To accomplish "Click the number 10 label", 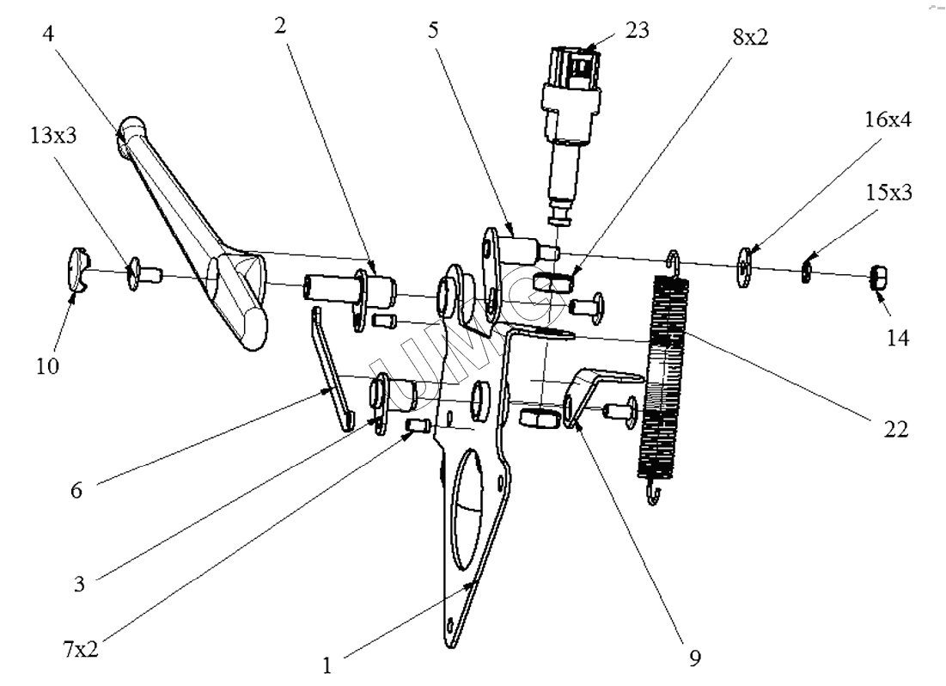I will (x=46, y=367).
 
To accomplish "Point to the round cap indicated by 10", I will (x=76, y=266).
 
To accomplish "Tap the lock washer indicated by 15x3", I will (x=808, y=273).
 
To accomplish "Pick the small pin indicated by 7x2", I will (x=418, y=426).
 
